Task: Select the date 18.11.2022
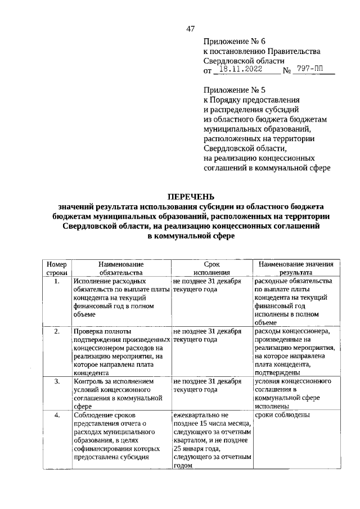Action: click(240, 70)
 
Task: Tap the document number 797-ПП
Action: click(312, 70)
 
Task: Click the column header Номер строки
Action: click(56, 268)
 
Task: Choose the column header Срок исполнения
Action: click(211, 268)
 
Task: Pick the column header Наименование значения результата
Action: click(296, 268)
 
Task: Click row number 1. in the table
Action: click(57, 281)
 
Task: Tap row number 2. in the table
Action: click(57, 331)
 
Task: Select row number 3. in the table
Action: click(57, 381)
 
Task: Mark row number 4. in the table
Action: click(57, 415)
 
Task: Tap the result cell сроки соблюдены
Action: click(281, 416)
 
